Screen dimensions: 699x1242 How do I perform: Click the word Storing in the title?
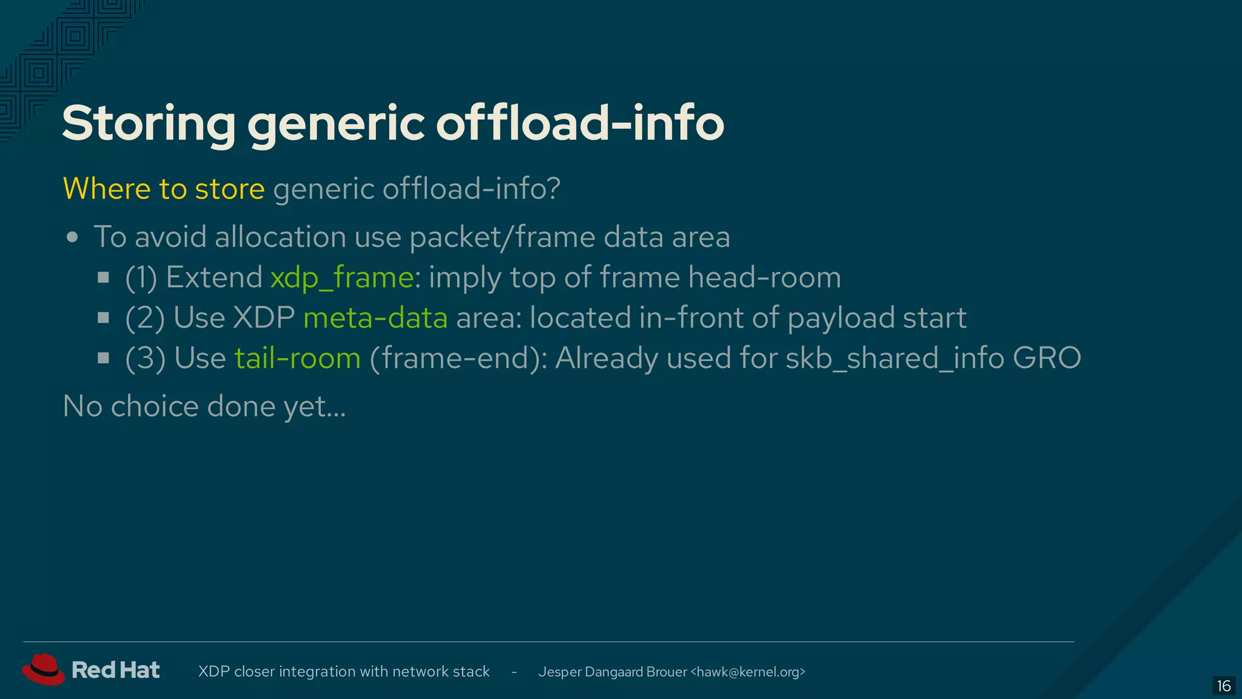point(149,124)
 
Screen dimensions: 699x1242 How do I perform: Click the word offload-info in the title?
point(580,124)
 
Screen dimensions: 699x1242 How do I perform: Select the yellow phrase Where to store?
point(164,189)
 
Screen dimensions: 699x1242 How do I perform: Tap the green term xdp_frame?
point(342,278)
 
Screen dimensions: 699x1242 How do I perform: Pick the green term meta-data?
point(375,318)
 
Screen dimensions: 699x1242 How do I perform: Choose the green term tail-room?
point(298,358)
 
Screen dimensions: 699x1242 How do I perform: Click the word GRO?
point(1047,358)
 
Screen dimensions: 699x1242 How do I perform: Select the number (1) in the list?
point(141,278)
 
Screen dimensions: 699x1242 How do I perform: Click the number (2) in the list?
point(144,318)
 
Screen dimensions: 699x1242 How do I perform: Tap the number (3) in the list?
point(145,358)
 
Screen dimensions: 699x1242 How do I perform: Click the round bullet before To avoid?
point(73,237)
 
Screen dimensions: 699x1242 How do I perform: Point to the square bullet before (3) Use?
point(104,358)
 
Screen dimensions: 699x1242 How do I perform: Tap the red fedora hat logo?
point(43,669)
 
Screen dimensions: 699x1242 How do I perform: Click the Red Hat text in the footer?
point(115,670)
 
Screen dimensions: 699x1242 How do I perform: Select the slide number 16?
point(1223,686)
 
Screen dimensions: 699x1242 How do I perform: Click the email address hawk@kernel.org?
point(748,672)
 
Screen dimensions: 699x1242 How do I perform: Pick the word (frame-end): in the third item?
point(458,358)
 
